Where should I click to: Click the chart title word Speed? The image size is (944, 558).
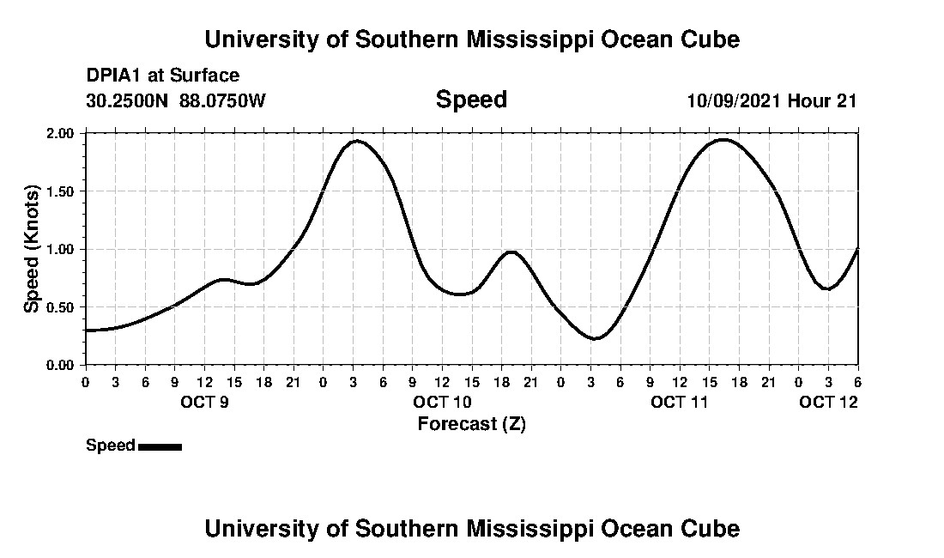pos(471,100)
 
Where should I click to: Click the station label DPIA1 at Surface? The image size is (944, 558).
pos(163,76)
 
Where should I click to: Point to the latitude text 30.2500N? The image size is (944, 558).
pos(129,100)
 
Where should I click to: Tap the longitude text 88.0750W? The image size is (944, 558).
pos(223,100)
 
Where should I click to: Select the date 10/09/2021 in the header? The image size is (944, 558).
pos(734,100)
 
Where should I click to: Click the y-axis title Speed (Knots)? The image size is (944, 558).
pos(32,249)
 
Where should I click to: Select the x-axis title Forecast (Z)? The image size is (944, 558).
pos(471,424)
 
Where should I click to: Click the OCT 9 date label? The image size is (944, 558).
pos(204,402)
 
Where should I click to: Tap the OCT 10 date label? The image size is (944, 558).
pos(442,402)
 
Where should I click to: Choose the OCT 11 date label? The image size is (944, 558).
pos(680,402)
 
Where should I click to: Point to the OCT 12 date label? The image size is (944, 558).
pos(828,402)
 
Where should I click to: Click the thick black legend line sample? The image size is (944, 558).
pos(160,446)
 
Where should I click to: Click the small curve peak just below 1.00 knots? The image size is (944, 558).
pos(511,252)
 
